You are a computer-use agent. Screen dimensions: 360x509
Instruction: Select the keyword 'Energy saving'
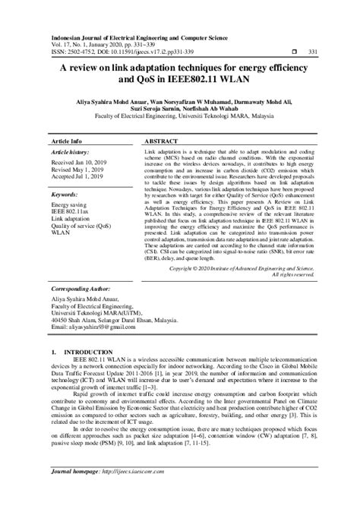tap(68, 205)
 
